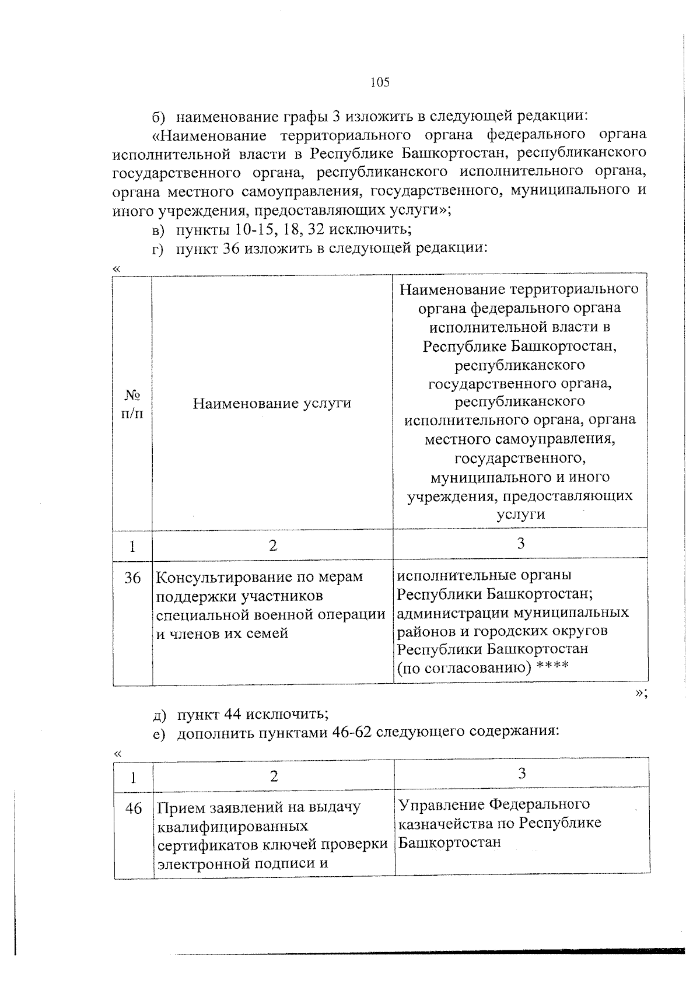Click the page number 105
click(379, 82)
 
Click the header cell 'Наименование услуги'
click(272, 403)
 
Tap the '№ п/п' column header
click(132, 404)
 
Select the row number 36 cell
click(132, 578)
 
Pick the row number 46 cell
click(134, 809)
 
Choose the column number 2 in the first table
click(272, 545)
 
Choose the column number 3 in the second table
click(521, 774)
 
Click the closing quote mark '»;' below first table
click(641, 692)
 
